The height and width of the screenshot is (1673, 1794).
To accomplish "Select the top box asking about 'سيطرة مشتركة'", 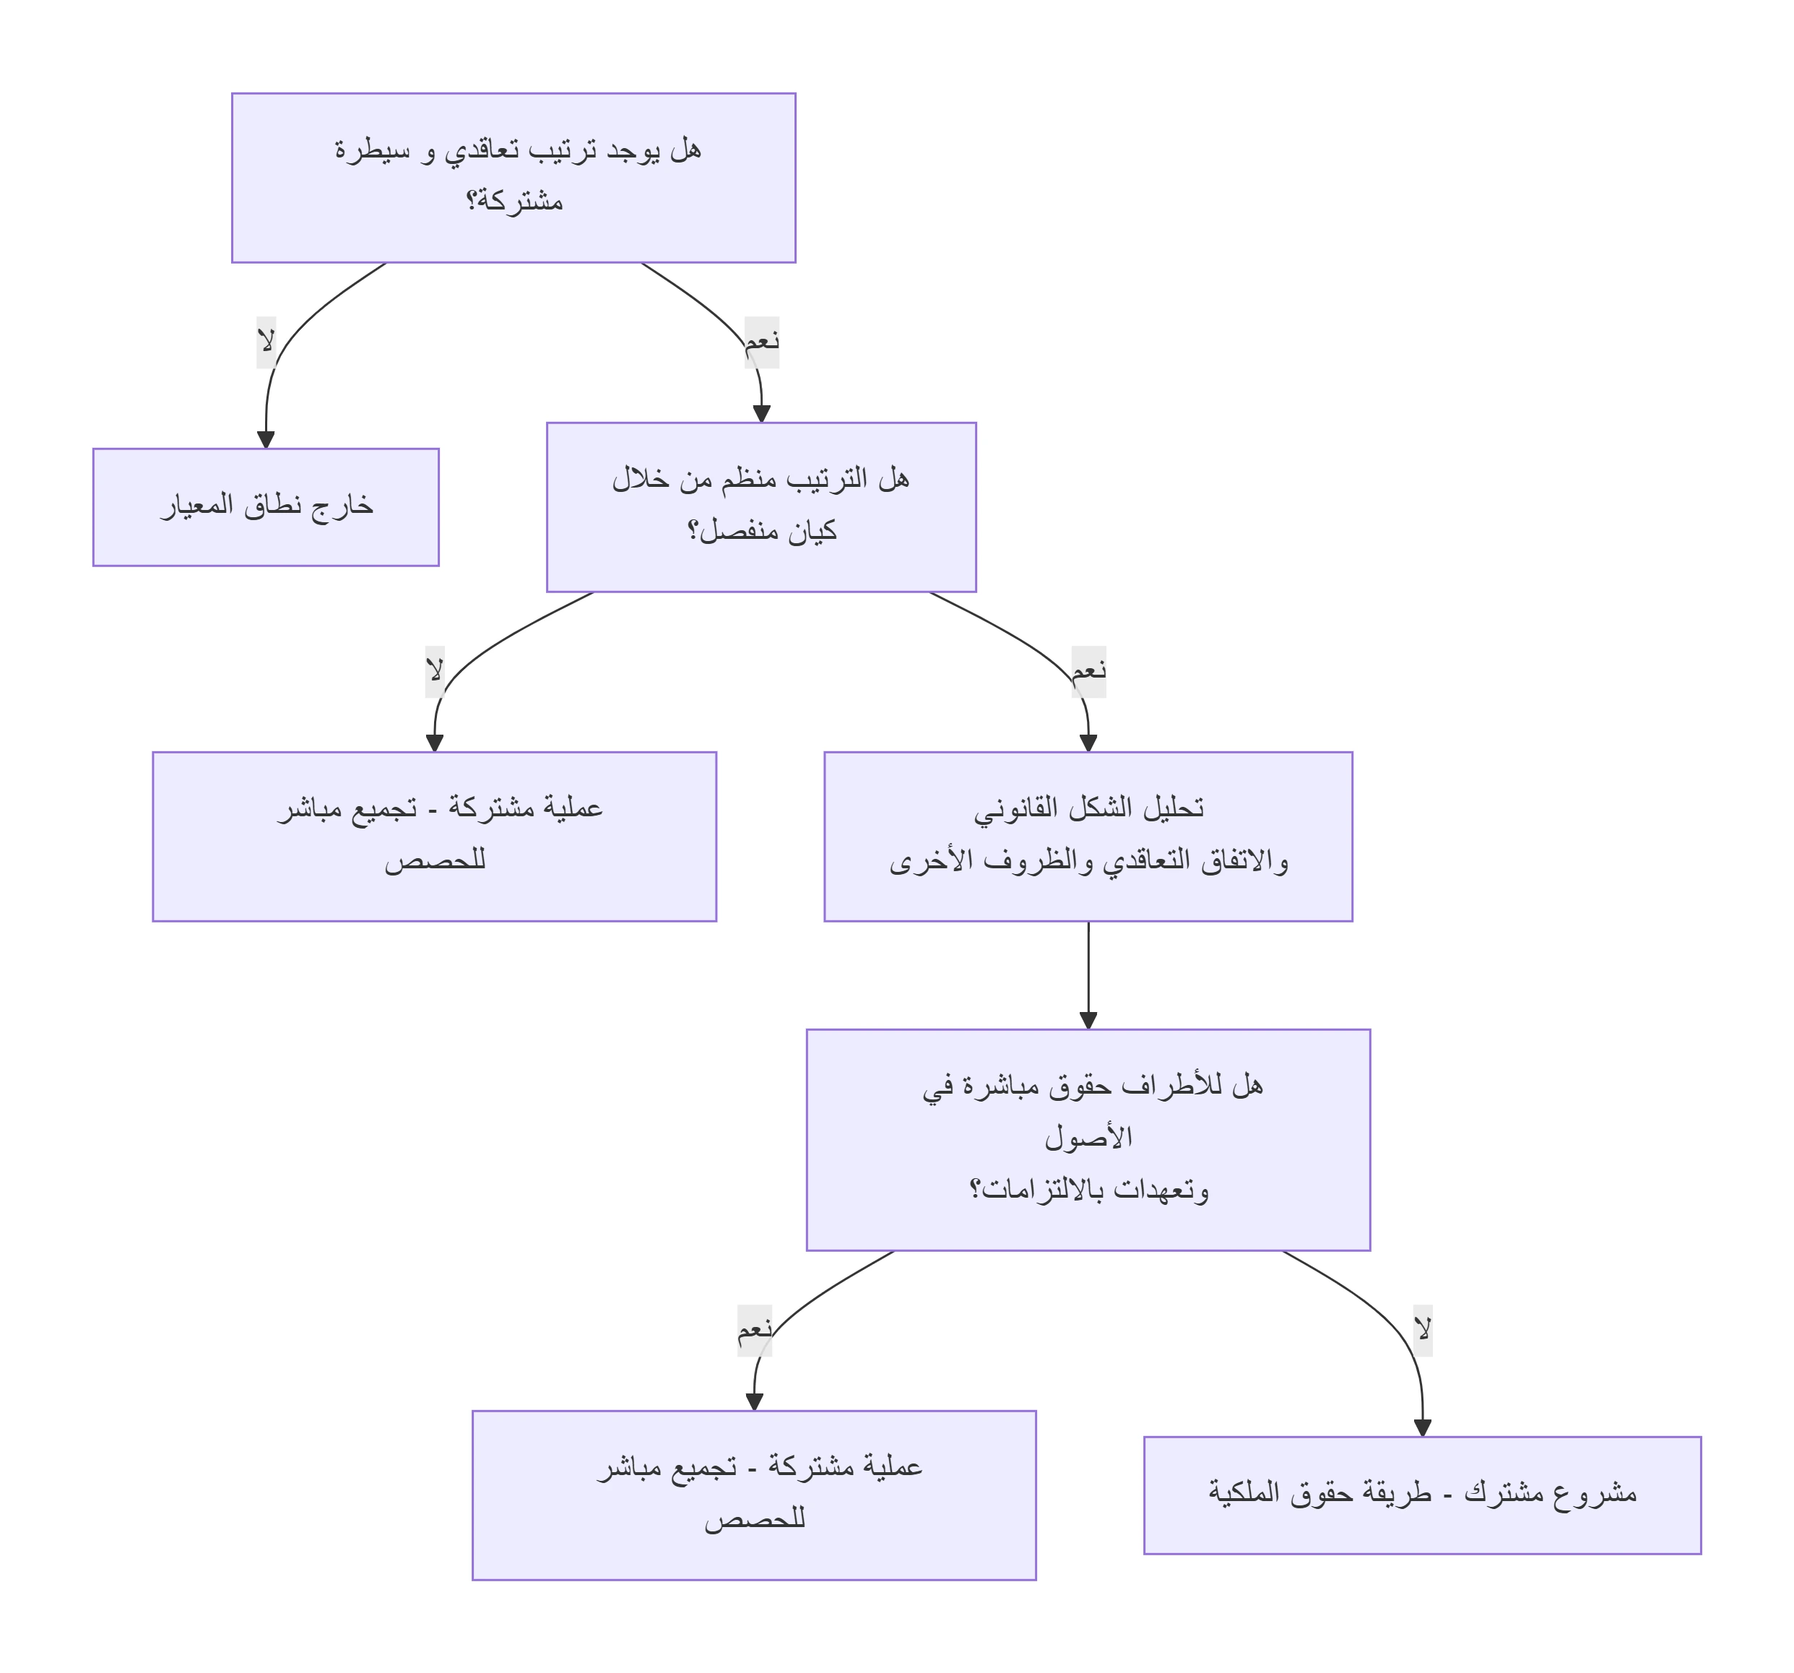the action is (x=513, y=178).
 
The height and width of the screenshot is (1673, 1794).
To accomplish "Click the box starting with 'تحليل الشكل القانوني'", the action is (x=1088, y=837).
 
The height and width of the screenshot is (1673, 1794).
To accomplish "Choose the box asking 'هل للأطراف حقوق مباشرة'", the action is (x=1088, y=1140).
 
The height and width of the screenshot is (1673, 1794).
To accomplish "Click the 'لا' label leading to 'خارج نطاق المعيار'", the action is (x=266, y=342).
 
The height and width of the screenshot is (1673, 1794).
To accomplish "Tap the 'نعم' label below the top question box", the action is (x=762, y=342).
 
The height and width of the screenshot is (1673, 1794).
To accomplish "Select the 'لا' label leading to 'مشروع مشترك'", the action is (x=1423, y=1330).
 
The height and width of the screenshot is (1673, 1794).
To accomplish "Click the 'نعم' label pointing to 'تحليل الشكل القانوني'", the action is (x=1089, y=671).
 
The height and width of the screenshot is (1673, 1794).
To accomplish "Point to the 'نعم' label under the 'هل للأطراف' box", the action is (x=755, y=1330).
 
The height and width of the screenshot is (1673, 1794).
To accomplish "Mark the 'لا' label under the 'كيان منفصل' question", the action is (x=435, y=671).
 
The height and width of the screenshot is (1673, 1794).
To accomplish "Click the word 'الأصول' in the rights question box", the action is (x=1088, y=1137).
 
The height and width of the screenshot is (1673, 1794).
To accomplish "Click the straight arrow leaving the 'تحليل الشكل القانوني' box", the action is (x=1088, y=975).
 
